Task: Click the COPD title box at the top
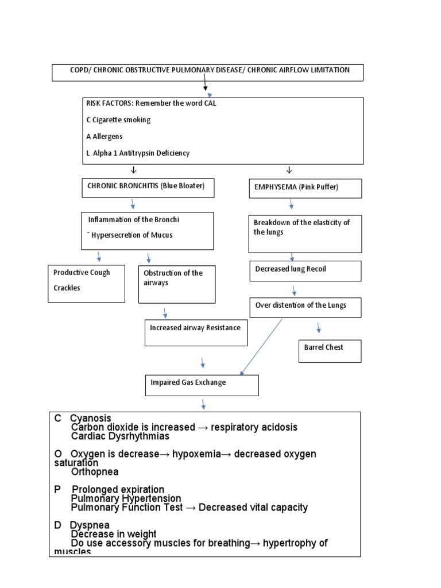point(207,72)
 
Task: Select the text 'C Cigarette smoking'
point(118,120)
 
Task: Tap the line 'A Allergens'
point(104,137)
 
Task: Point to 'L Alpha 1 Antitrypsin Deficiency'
point(138,153)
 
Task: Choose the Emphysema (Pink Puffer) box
point(304,188)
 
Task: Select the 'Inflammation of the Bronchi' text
point(138,219)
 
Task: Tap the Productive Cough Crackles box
point(86,283)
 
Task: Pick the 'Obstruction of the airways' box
point(177,284)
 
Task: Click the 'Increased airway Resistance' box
point(196,333)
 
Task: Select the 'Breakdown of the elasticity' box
point(304,234)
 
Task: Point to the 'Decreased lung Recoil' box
point(305,271)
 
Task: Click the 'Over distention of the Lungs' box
point(305,307)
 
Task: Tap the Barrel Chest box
point(329,351)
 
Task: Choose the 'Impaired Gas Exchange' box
point(202,385)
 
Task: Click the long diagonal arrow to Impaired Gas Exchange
point(262,347)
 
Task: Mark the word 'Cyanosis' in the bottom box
point(91,419)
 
